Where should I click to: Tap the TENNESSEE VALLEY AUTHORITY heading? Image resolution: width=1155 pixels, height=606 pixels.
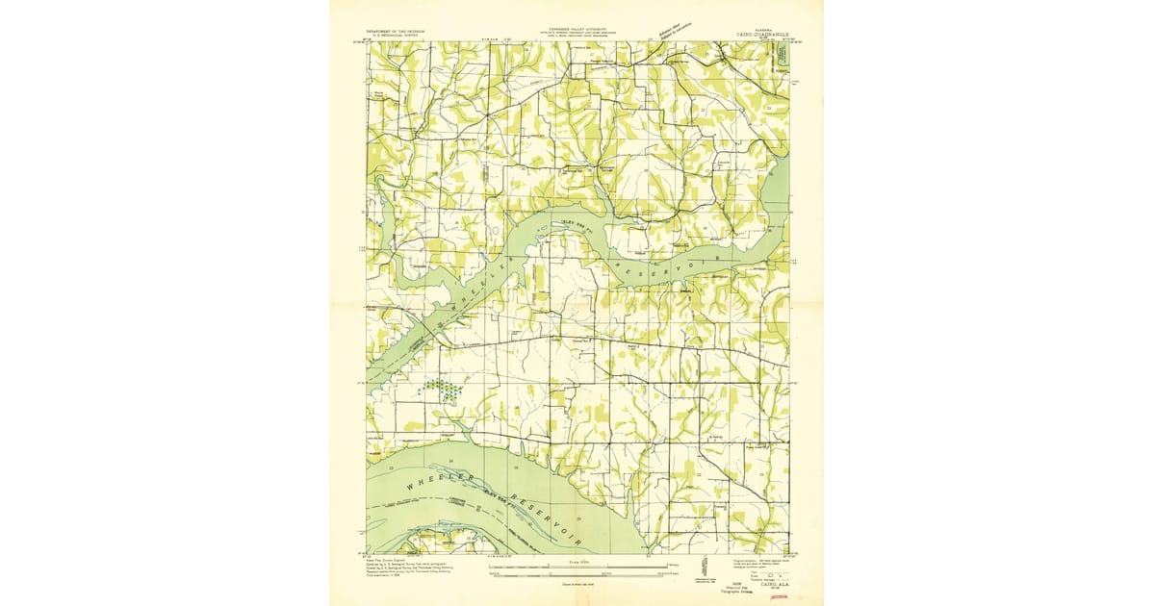pyautogui.click(x=577, y=29)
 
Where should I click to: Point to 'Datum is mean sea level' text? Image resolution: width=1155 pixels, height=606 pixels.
pyautogui.click(x=578, y=583)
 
